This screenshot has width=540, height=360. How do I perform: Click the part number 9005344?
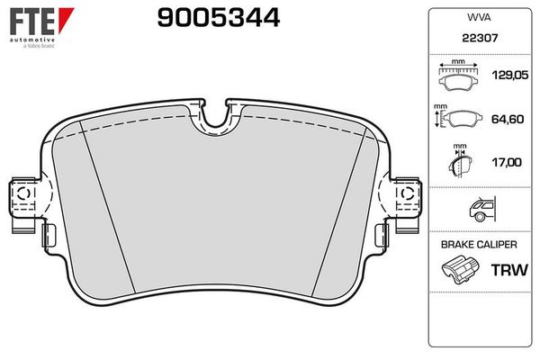219,18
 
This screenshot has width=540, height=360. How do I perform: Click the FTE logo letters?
32,22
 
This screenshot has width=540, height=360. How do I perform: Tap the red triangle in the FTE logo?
65,19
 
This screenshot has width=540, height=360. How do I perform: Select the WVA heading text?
479,18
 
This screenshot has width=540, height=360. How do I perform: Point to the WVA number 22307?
480,38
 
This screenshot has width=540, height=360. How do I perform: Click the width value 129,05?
510,75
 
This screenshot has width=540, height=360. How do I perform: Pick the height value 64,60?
508,119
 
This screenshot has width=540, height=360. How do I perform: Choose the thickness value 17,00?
507,162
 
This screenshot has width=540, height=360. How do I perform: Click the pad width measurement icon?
458,76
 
